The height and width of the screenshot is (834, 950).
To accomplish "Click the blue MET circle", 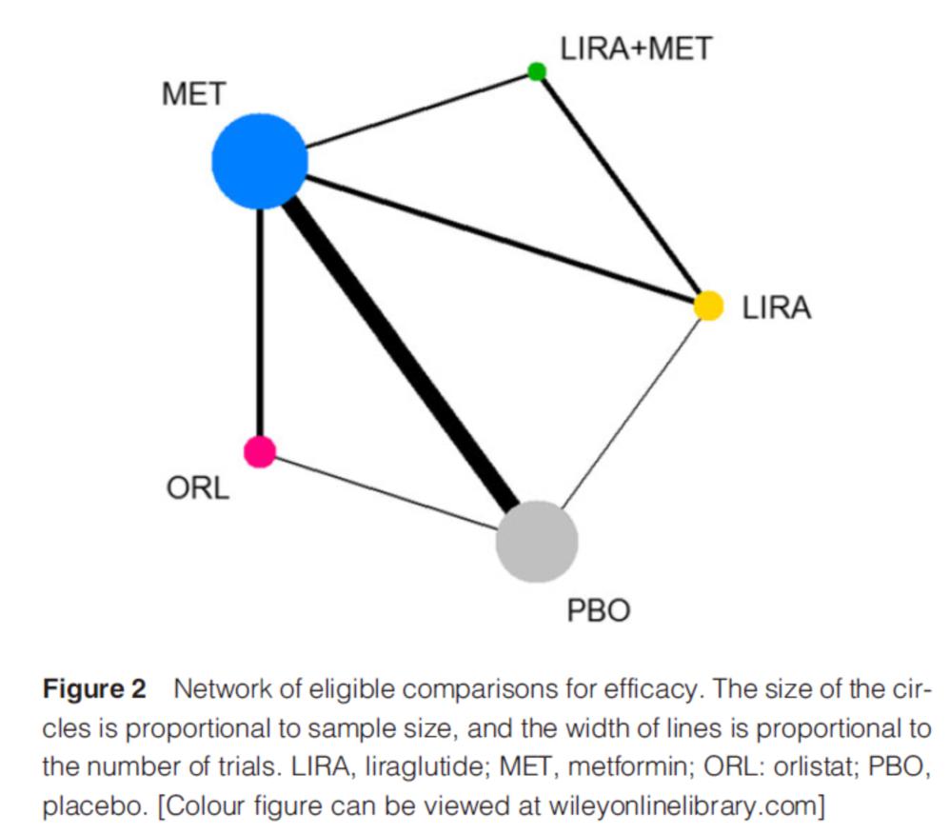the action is click(260, 161).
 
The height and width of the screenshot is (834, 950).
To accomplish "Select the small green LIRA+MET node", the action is click(537, 71).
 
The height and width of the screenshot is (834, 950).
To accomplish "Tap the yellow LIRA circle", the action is click(708, 306).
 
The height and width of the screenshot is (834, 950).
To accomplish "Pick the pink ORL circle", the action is click(260, 451).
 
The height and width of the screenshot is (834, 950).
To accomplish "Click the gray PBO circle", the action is click(537, 542).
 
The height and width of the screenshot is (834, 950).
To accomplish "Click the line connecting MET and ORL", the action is click(260, 322).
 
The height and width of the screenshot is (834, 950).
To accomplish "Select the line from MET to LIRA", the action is click(501, 238).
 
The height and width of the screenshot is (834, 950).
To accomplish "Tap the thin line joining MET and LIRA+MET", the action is click(418, 110).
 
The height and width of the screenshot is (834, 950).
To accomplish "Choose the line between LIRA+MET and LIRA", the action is click(621, 186).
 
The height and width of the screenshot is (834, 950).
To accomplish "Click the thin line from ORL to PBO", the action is click(386, 493).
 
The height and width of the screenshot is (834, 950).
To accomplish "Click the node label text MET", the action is click(194, 94).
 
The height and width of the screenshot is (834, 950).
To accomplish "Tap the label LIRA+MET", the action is click(636, 49).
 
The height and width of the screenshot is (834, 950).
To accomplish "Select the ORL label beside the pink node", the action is click(197, 487).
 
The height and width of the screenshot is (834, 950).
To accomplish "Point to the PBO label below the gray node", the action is click(599, 610).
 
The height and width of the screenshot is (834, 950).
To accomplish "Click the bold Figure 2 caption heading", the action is click(94, 689).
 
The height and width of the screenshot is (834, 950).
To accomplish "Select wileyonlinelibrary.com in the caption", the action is click(683, 807).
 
